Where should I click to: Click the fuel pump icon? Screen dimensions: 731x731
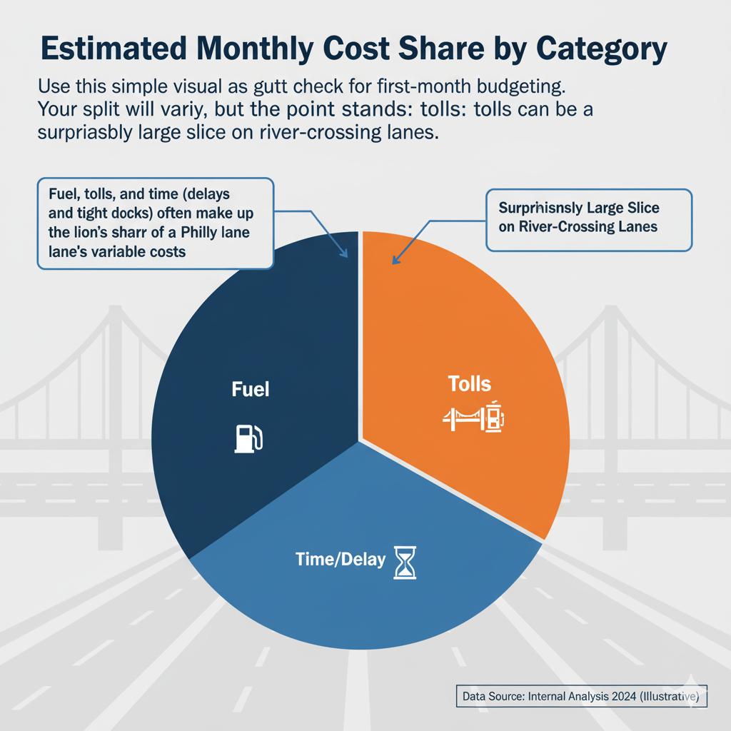[x=248, y=438]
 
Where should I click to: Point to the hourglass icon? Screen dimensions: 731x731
[x=404, y=562]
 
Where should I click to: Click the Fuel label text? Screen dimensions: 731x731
[x=250, y=389]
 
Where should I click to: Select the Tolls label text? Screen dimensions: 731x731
[x=469, y=384]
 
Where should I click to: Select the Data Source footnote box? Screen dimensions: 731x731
[x=581, y=696]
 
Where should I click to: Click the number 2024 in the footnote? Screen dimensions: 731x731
[x=623, y=696]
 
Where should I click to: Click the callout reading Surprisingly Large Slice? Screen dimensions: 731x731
[x=588, y=219]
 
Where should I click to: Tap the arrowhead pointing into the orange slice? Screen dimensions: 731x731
[x=394, y=261]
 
